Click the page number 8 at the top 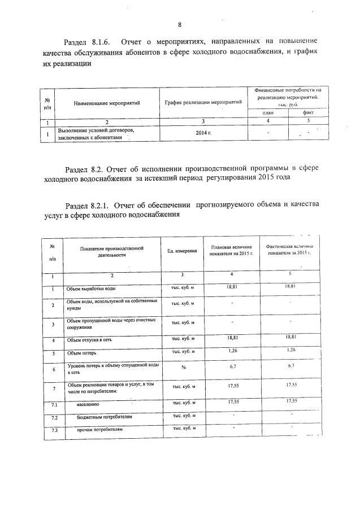180,24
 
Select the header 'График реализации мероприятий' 203,102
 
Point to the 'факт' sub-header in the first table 308,112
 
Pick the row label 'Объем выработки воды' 91,289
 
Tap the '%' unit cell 183,368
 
